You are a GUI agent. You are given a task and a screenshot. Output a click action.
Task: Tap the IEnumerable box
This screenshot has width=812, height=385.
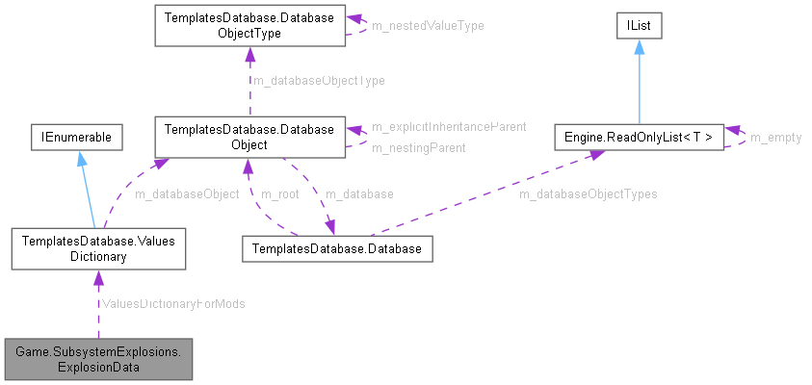(x=76, y=138)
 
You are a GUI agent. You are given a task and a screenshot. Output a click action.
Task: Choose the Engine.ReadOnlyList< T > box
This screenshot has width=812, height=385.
(x=639, y=138)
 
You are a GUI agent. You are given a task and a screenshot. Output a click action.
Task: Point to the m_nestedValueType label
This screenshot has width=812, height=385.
(x=428, y=25)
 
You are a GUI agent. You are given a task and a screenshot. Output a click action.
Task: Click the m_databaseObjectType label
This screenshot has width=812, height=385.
(x=318, y=81)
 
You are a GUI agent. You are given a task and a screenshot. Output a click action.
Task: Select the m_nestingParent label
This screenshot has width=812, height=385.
(x=419, y=148)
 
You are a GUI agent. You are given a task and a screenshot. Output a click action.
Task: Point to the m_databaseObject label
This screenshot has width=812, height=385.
(x=187, y=194)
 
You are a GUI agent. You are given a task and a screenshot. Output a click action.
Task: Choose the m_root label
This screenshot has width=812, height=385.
(x=280, y=194)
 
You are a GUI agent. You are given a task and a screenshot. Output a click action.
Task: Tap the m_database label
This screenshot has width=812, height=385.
(x=359, y=194)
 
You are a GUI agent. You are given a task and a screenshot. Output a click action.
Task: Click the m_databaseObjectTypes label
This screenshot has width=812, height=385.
(x=588, y=194)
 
